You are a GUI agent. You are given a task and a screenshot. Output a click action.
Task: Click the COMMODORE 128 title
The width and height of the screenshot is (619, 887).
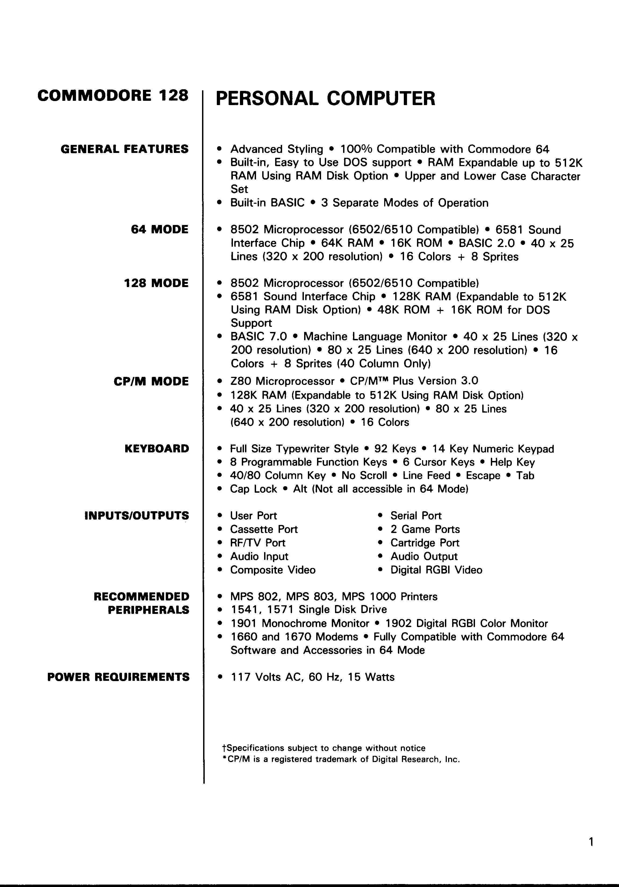click(x=113, y=95)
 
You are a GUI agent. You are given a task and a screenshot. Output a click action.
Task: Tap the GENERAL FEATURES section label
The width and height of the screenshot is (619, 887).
click(x=124, y=149)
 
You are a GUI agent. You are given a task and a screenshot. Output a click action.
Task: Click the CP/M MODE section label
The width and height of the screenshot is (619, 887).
click(x=151, y=382)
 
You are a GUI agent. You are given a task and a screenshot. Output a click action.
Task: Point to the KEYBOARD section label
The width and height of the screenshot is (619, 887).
click(x=157, y=449)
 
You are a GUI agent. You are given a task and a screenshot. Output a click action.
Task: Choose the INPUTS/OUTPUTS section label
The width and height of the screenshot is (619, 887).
click(x=137, y=516)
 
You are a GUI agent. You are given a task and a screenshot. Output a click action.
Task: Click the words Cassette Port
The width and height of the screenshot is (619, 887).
click(x=264, y=529)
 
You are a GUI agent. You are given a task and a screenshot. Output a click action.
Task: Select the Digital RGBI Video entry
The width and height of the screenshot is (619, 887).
click(x=436, y=570)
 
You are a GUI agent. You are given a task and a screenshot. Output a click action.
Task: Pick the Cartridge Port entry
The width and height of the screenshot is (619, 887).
click(x=425, y=543)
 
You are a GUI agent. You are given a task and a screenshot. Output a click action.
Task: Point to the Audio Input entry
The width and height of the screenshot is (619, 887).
click(x=259, y=556)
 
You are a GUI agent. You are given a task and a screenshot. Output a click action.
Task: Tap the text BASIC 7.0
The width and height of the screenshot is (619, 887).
click(x=259, y=337)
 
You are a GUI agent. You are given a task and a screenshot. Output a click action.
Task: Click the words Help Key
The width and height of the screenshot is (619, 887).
click(x=512, y=462)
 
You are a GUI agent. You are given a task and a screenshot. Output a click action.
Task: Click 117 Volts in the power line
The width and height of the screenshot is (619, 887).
click(x=255, y=677)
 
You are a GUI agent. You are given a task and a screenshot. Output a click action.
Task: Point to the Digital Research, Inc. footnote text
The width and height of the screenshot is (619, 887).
click(x=416, y=760)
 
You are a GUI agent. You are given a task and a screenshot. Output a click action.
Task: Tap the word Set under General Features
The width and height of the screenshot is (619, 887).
click(x=239, y=189)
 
